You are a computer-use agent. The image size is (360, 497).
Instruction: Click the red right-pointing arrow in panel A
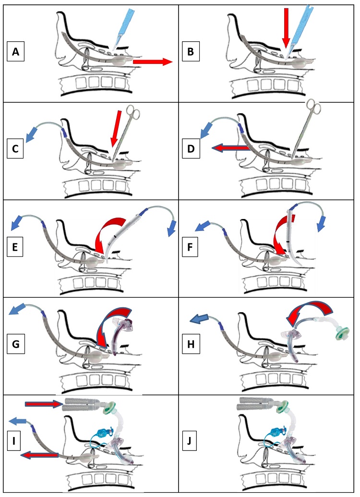tap(152, 61)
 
